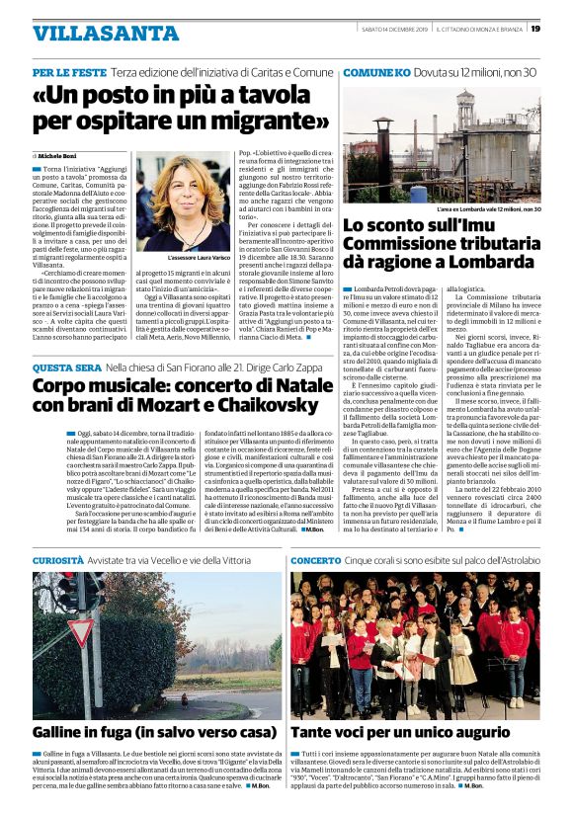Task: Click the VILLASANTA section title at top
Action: click(92, 33)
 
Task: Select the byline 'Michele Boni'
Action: click(58, 156)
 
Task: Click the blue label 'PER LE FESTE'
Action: click(68, 73)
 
